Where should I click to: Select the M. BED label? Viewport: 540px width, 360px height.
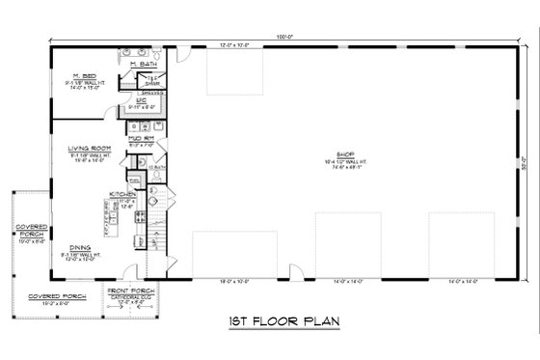(84, 75)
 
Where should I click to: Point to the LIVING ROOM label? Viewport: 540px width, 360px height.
(86, 148)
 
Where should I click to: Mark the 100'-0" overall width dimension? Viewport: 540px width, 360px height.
(285, 36)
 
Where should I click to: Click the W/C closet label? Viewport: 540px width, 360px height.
(140, 99)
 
